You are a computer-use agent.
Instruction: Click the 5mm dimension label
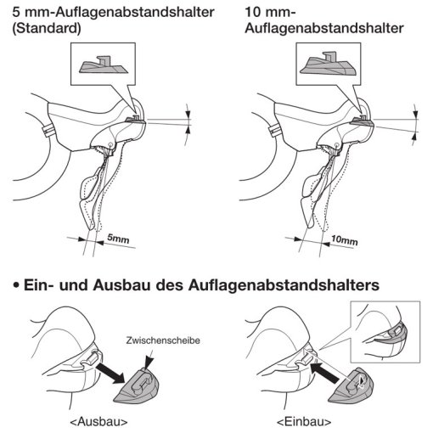point(118,239)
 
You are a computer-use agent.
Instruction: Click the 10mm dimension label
point(345,240)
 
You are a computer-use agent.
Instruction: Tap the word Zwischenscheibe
point(163,340)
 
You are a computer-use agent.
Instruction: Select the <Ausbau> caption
point(98,421)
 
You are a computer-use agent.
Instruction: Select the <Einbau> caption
point(304,422)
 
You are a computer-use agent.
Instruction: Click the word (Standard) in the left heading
point(47,28)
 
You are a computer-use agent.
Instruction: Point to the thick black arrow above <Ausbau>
point(110,374)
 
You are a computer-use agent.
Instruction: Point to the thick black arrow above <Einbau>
point(324,373)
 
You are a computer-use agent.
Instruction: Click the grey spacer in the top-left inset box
point(104,65)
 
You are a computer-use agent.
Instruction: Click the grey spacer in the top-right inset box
point(328,65)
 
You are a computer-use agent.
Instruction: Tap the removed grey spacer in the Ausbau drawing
point(137,386)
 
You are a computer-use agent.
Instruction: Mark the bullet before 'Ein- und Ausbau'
point(16,285)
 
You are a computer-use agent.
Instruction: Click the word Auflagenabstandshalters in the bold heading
point(284,285)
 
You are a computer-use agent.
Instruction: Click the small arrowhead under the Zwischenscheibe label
point(149,362)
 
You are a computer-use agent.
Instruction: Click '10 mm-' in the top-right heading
point(270,13)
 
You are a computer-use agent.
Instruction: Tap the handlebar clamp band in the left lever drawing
point(48,130)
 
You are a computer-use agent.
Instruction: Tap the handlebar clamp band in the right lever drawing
point(274,130)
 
